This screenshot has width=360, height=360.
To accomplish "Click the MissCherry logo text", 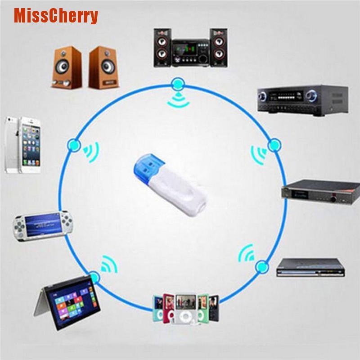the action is [x=56, y=15].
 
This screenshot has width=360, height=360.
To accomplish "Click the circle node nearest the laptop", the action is [x=93, y=275].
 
